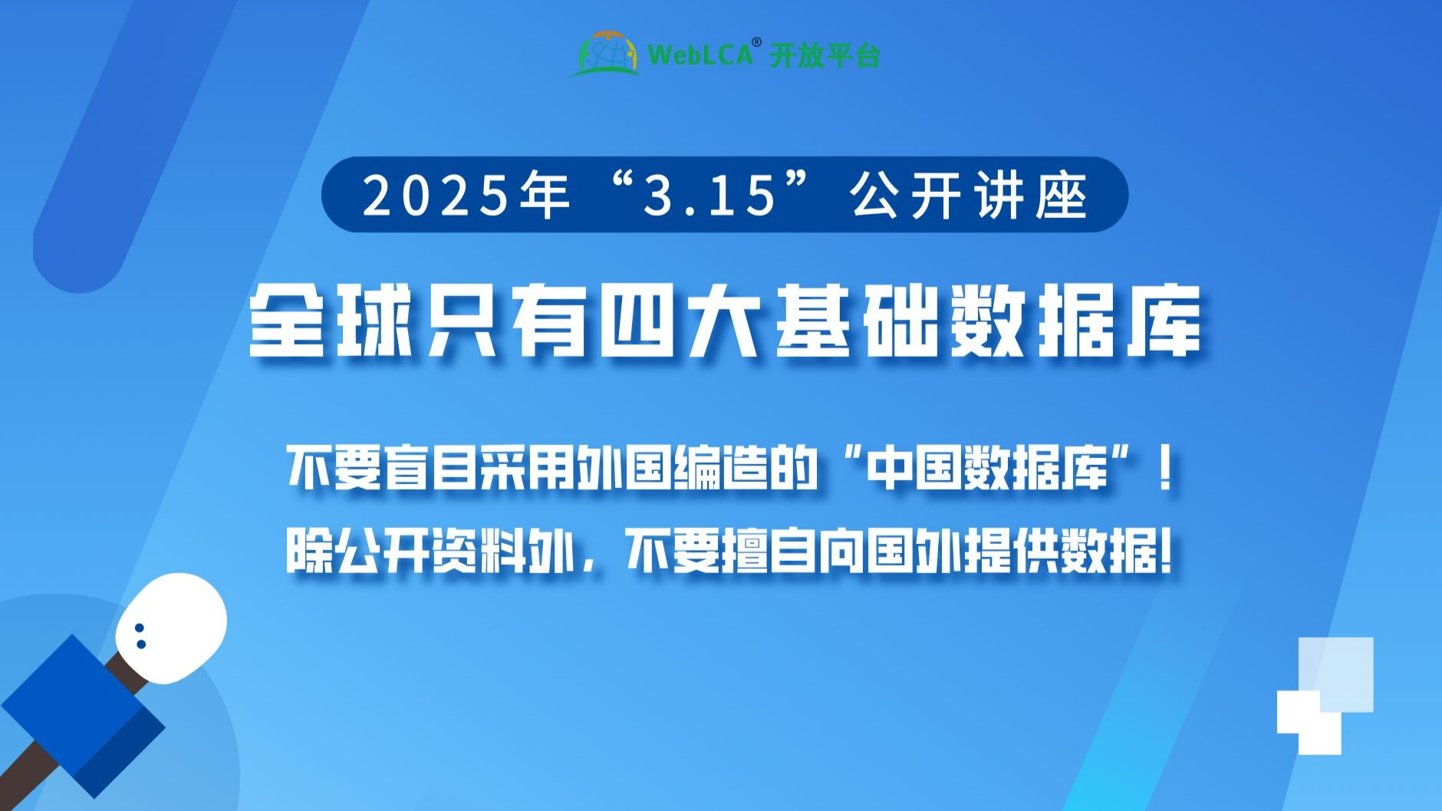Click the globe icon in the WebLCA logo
pos(606,54)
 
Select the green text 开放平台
pos(825,56)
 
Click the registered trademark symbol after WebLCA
pos(756,41)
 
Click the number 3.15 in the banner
pos(709,195)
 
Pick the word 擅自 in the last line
pos(767,551)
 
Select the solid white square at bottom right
pos(1309,722)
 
